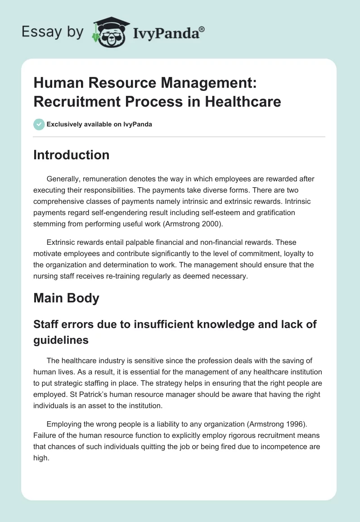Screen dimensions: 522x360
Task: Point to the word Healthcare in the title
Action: click(243, 101)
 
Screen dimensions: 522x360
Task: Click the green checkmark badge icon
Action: click(39, 124)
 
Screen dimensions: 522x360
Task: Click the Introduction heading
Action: click(72, 155)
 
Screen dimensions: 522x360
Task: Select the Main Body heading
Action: click(67, 298)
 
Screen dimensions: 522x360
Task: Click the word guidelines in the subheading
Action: click(61, 340)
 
